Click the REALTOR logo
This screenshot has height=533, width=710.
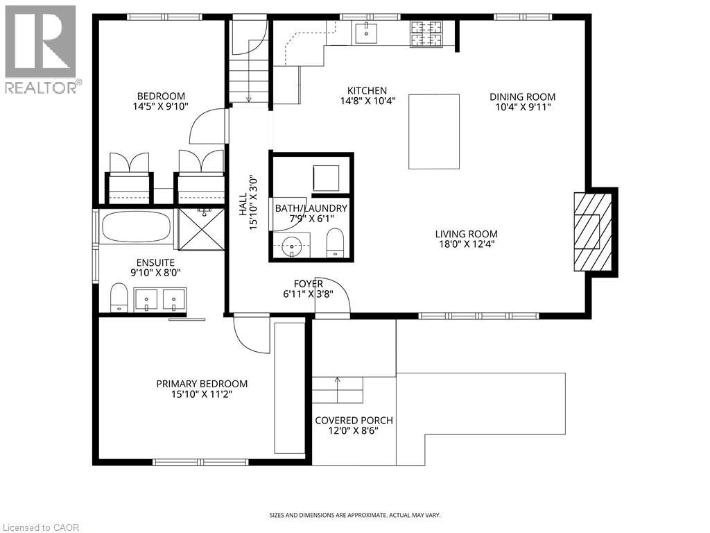pyautogui.click(x=41, y=49)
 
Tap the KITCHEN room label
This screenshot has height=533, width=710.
pyautogui.click(x=367, y=91)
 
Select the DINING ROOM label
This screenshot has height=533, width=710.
pyautogui.click(x=523, y=97)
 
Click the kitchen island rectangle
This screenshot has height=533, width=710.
pyautogui.click(x=434, y=132)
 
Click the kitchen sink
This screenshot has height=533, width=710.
pyautogui.click(x=365, y=31)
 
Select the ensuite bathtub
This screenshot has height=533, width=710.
pyautogui.click(x=136, y=226)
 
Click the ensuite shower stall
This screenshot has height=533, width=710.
pyautogui.click(x=201, y=228)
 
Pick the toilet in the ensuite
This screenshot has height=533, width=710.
pyautogui.click(x=119, y=299)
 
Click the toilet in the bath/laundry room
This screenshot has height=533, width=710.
pyautogui.click(x=335, y=242)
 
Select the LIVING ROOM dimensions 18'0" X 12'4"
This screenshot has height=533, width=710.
pyautogui.click(x=466, y=244)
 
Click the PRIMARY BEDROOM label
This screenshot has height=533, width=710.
pyautogui.click(x=202, y=384)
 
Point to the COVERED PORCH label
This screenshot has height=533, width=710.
pyautogui.click(x=354, y=420)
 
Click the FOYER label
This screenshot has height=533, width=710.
pyautogui.click(x=309, y=284)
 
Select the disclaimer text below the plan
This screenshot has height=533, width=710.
pyautogui.click(x=354, y=515)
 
